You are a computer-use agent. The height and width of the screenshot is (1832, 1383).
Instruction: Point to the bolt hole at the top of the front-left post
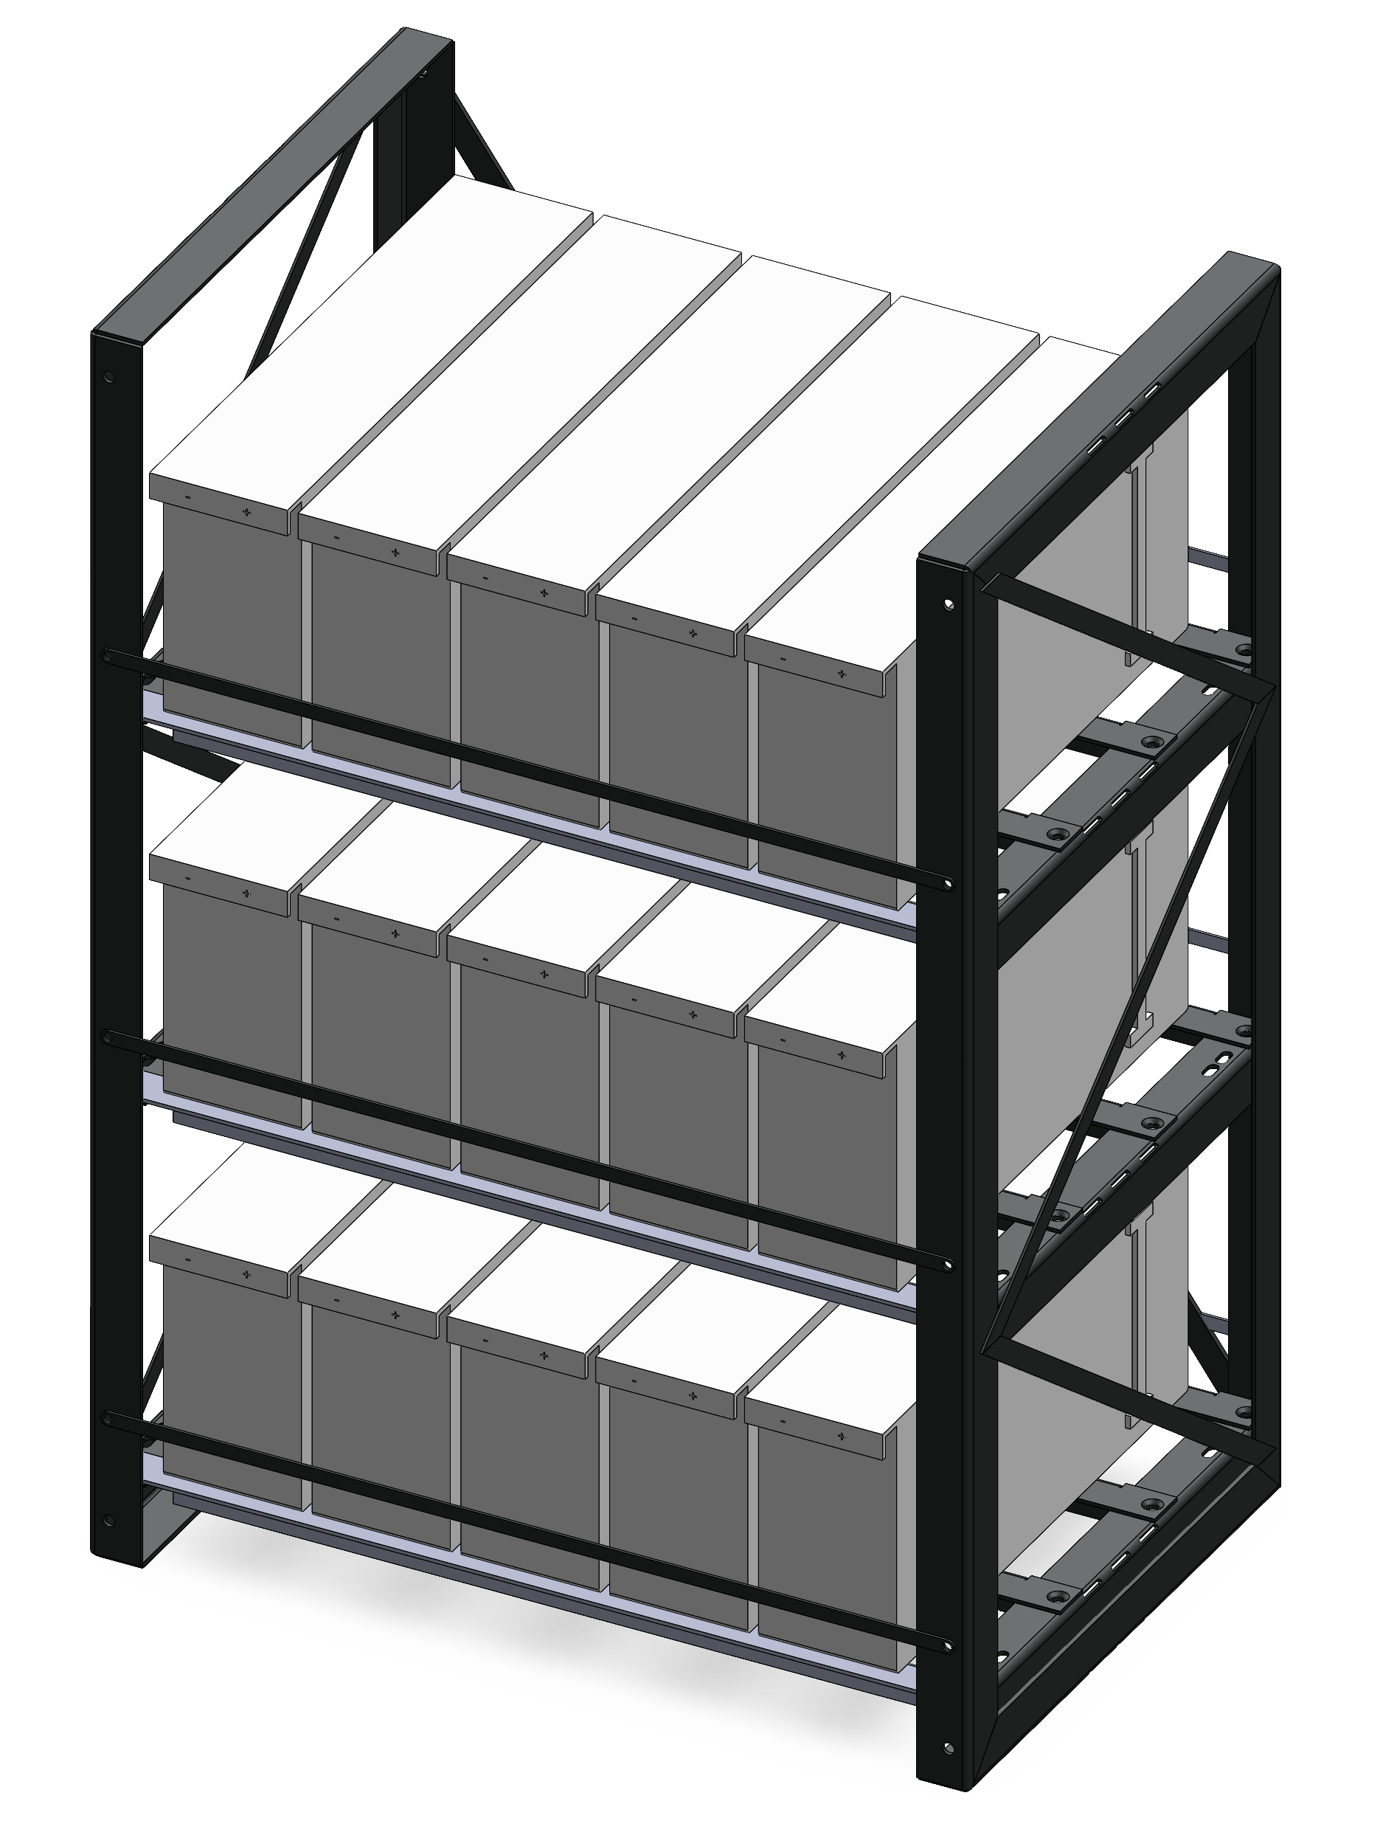coord(108,377)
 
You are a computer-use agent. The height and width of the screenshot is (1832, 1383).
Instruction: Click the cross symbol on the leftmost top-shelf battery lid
coord(246,514)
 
